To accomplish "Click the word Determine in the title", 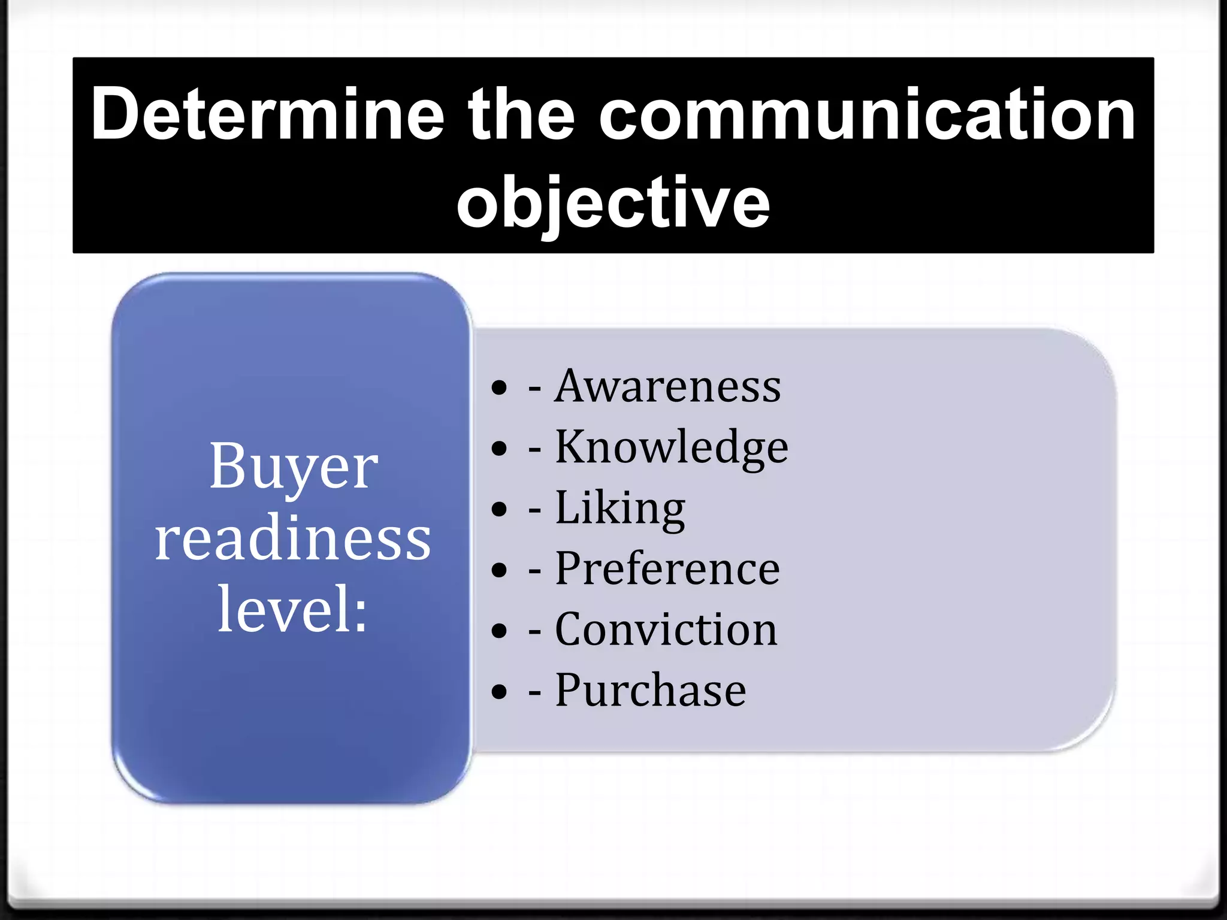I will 268,114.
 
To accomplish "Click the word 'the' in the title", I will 521,114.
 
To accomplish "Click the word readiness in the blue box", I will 292,538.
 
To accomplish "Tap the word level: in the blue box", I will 292,609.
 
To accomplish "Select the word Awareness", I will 667,386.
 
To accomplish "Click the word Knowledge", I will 671,447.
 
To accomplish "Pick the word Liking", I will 620,508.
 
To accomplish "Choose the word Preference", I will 667,568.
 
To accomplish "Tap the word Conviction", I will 666,630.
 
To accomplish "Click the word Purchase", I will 651,691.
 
